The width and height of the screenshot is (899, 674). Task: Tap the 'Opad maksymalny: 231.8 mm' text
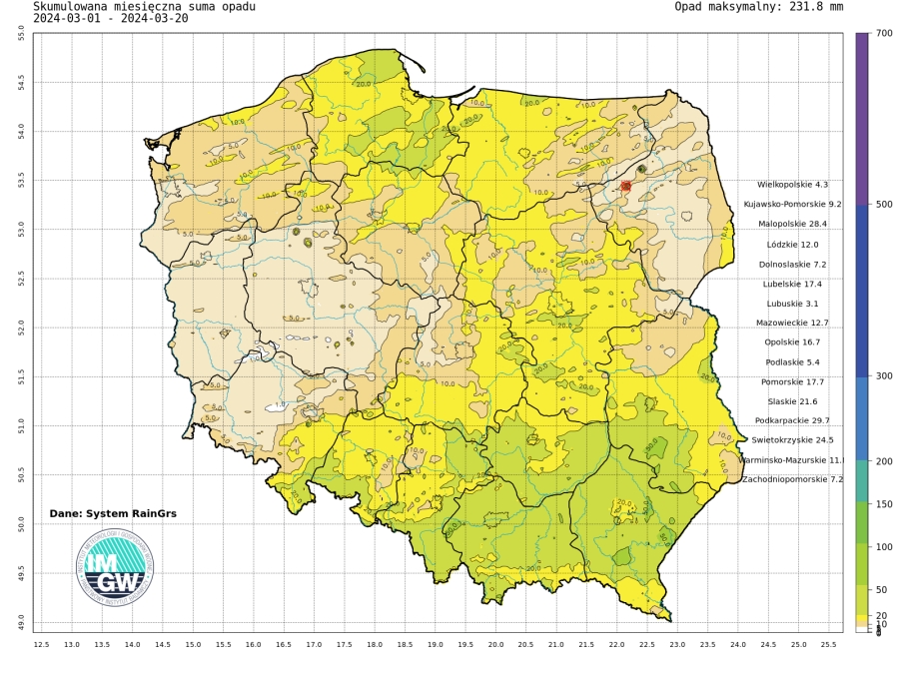(759, 6)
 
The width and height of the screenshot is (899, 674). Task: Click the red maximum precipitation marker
(625, 186)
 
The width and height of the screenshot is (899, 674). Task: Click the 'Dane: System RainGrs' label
(113, 513)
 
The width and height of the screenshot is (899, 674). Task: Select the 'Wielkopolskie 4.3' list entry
(793, 185)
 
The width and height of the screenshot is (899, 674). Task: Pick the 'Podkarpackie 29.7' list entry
(792, 420)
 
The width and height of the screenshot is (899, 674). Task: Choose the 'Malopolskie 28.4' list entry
(793, 224)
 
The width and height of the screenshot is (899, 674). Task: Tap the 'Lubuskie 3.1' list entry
(798, 303)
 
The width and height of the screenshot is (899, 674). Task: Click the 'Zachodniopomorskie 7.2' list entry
(793, 479)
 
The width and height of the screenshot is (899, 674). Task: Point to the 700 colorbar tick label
(883, 33)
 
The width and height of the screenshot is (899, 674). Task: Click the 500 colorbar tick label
(883, 205)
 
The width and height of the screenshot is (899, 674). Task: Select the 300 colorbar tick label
(883, 376)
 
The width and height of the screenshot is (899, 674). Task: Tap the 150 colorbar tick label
(883, 504)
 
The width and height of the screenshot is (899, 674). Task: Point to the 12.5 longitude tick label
(41, 645)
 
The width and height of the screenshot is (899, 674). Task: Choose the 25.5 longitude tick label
(828, 645)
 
